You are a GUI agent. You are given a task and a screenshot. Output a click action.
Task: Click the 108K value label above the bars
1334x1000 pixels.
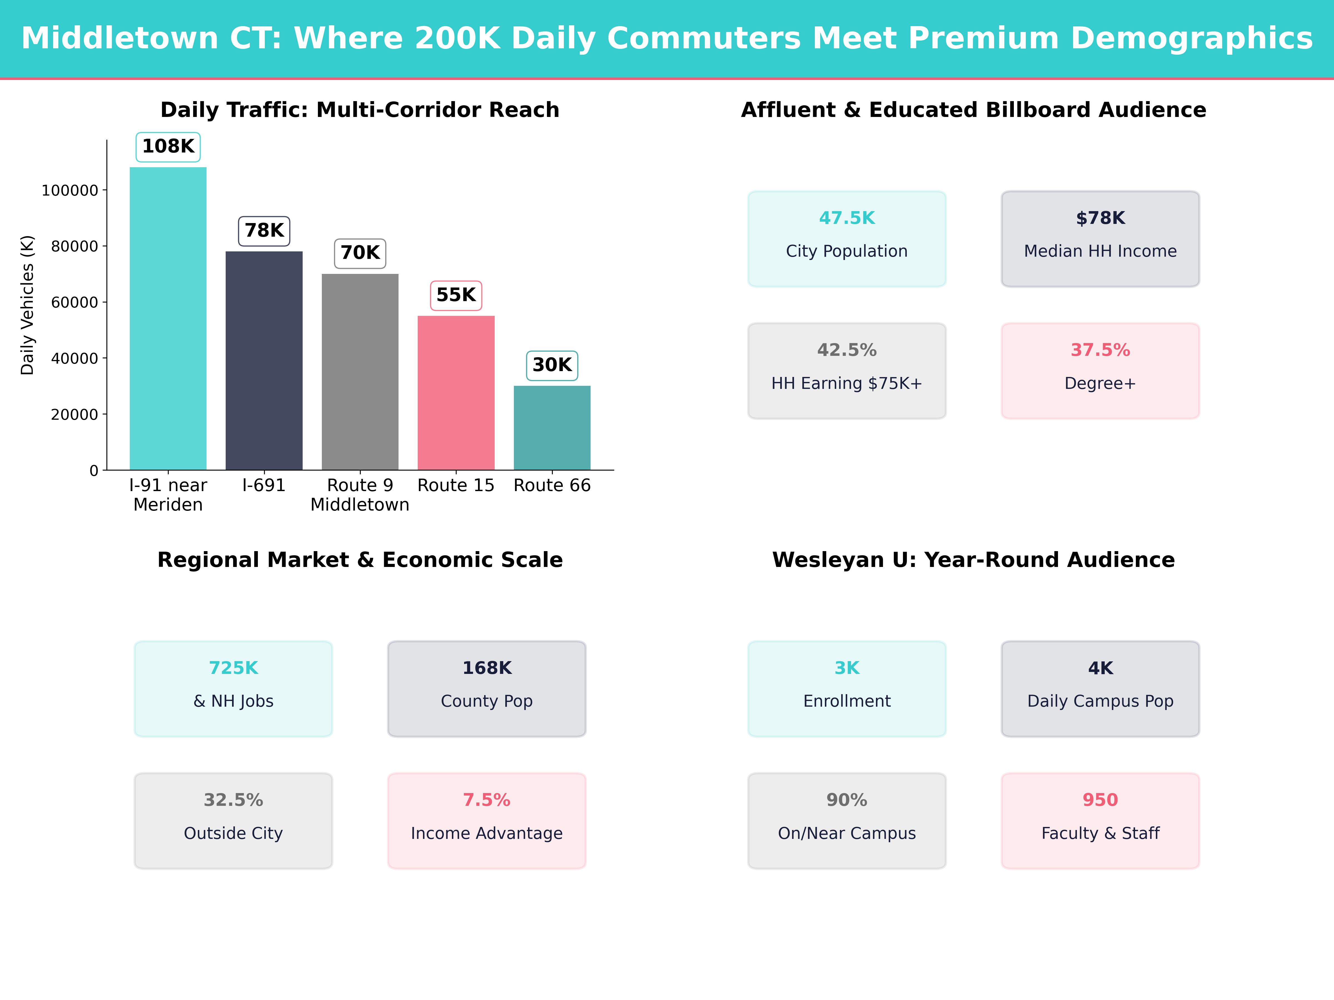pyautogui.click(x=168, y=146)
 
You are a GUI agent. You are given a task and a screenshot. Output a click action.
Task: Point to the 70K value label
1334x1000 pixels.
pyautogui.click(x=360, y=252)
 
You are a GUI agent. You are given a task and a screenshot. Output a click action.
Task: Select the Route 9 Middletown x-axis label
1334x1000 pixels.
pyautogui.click(x=360, y=495)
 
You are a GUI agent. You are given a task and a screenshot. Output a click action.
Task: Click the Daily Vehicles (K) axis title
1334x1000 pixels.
pyautogui.click(x=27, y=305)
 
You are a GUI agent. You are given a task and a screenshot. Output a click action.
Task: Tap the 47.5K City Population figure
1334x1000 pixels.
pyautogui.click(x=847, y=218)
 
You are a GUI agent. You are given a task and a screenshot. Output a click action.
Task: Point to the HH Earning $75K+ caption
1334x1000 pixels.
pyautogui.click(x=847, y=383)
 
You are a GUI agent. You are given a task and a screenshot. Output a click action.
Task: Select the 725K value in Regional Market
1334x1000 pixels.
pyautogui.click(x=233, y=668)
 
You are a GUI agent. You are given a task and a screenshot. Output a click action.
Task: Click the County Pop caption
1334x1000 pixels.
pyautogui.click(x=487, y=701)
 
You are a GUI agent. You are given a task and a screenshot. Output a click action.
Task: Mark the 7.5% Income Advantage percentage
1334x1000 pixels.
pyautogui.click(x=487, y=800)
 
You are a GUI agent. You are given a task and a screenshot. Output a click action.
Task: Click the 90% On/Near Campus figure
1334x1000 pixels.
pyautogui.click(x=847, y=800)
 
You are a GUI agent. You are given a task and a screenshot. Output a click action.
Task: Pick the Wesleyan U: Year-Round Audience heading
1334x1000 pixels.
pyautogui.click(x=973, y=560)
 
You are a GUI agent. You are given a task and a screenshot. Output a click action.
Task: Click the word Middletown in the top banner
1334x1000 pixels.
pyautogui.click(x=120, y=39)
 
